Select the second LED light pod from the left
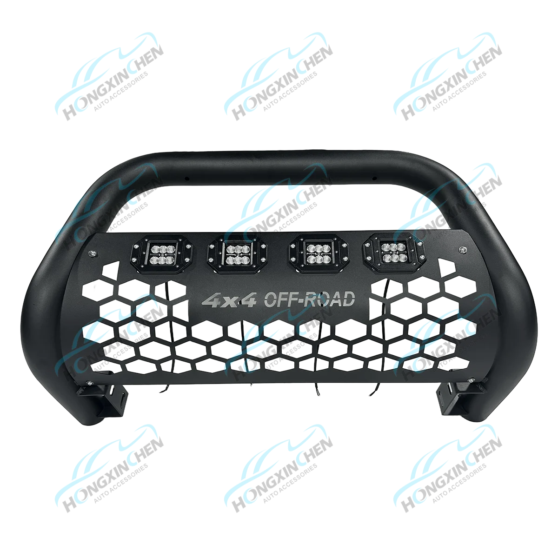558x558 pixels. tap(238, 254)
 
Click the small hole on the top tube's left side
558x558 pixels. tap(187, 179)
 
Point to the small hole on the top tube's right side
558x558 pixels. tap(374, 178)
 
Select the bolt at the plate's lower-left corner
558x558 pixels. tap(89, 383)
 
